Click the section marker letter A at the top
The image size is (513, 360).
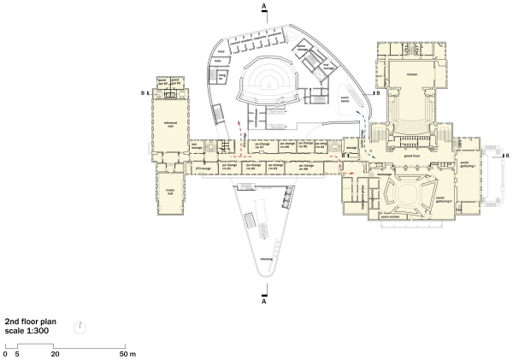pyautogui.click(x=264, y=6)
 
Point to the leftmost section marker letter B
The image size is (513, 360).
pyautogui.click(x=143, y=91)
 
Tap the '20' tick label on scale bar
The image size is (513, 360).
pyautogui.click(x=55, y=353)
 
